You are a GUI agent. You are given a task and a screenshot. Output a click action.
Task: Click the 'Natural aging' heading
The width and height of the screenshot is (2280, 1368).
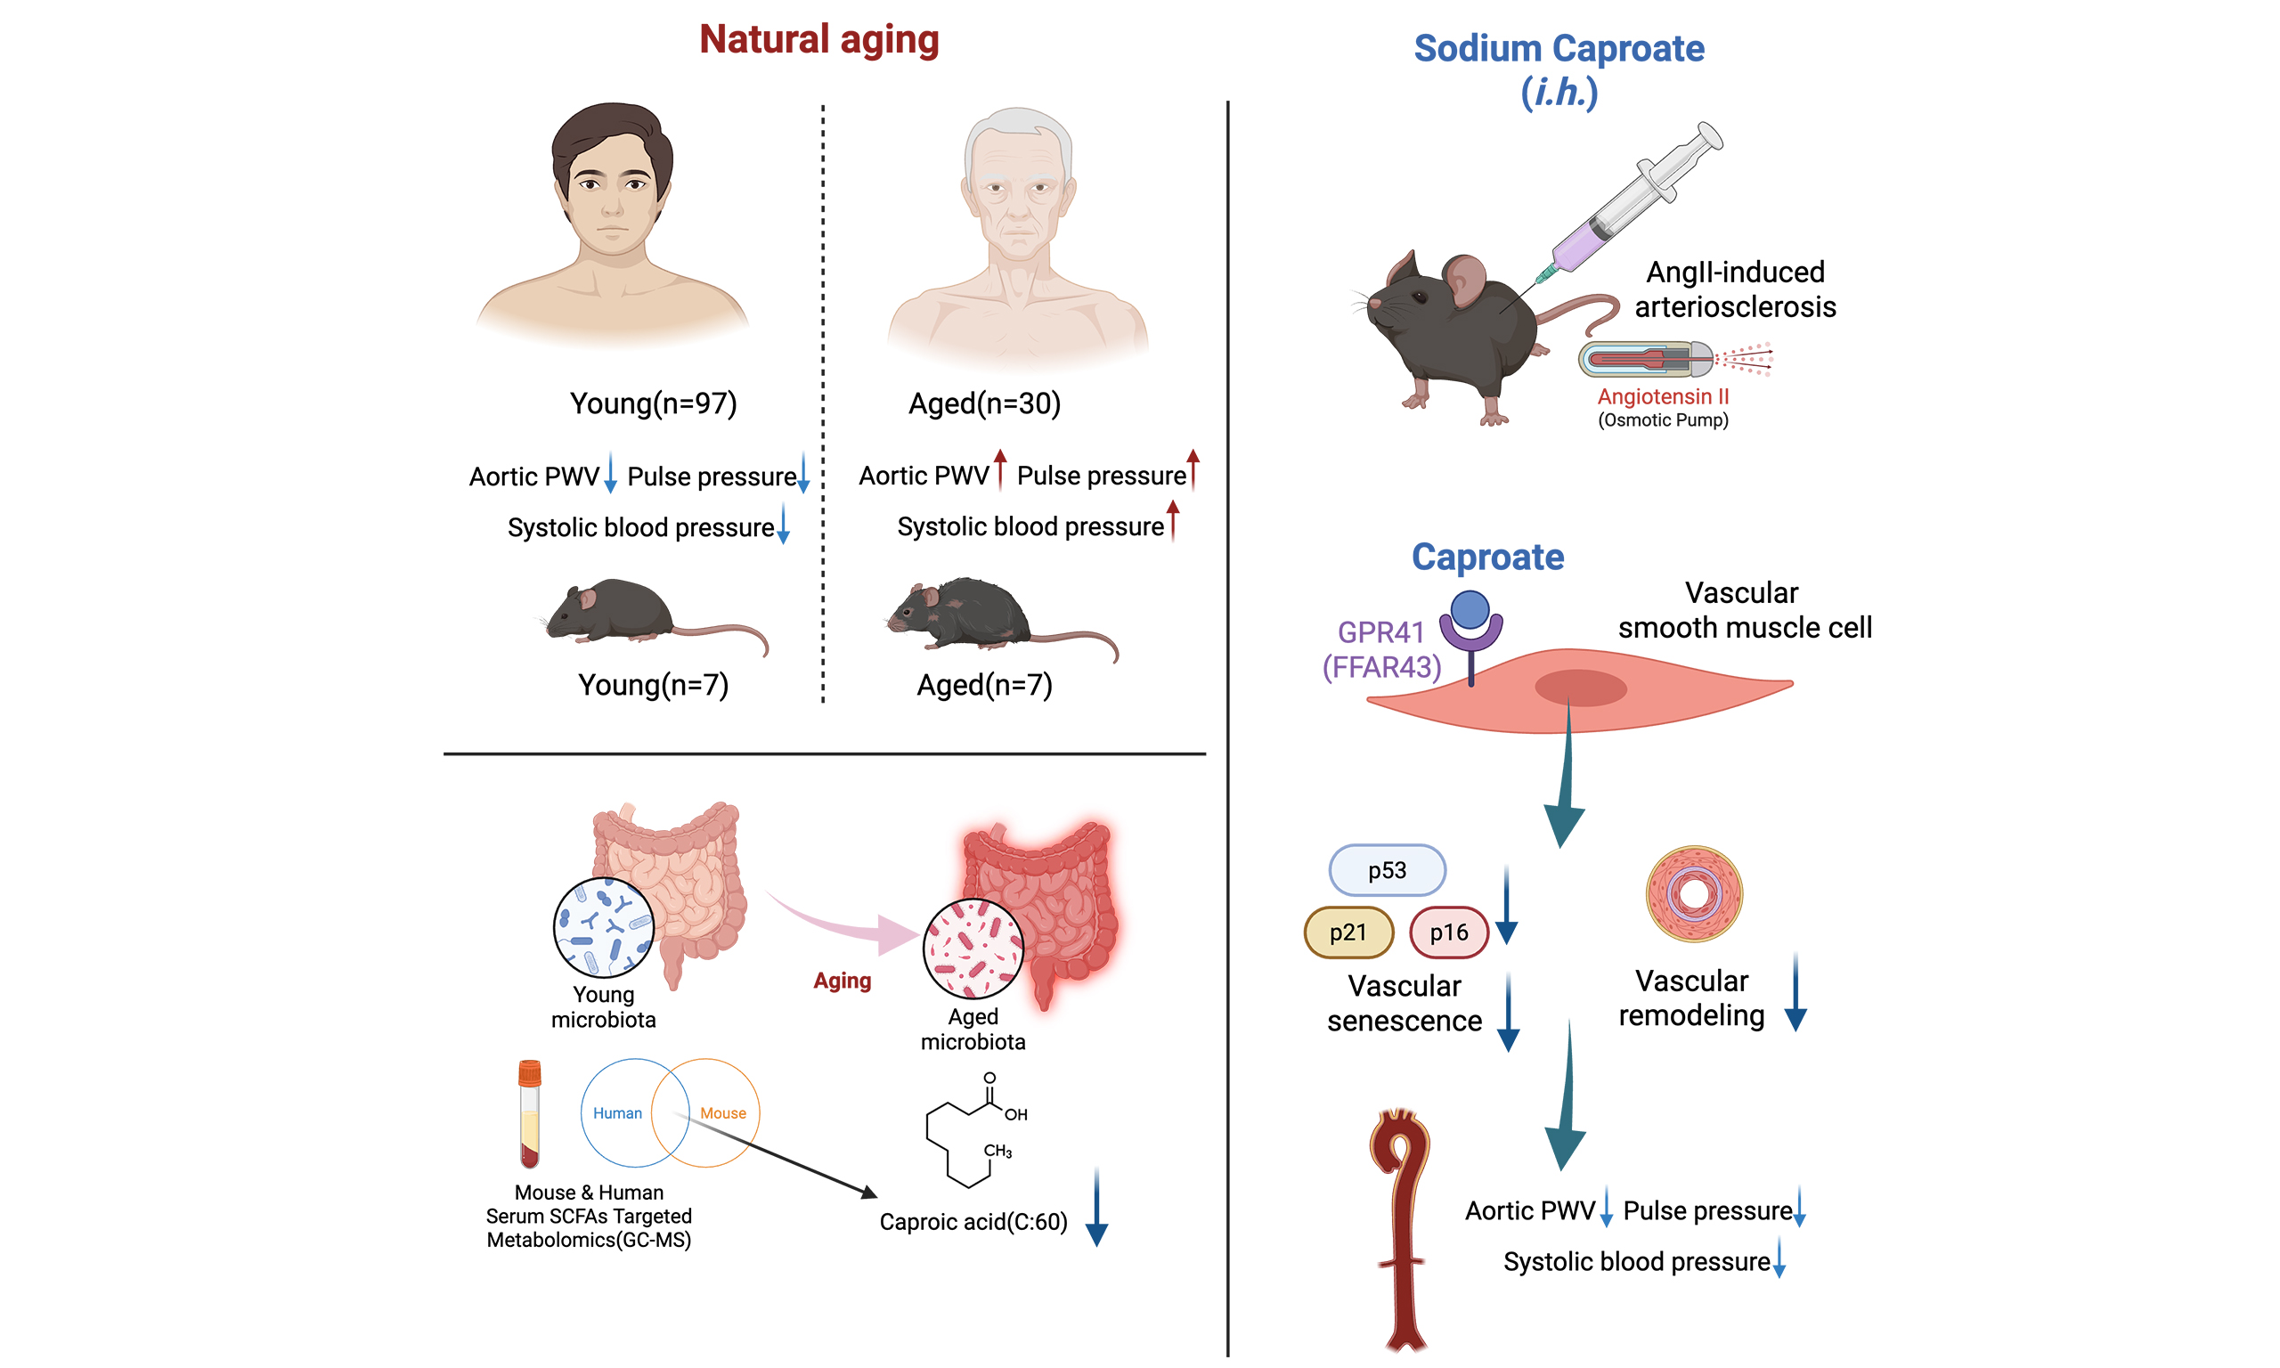(818, 40)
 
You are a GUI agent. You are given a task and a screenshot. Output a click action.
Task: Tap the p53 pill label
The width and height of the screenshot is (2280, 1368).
(1387, 870)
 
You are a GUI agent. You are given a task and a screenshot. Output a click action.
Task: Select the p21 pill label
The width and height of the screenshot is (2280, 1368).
(1348, 932)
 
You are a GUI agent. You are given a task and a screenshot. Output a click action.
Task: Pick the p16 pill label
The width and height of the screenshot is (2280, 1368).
(1449, 932)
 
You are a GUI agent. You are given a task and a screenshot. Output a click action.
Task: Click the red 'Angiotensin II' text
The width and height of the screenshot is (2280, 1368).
(1663, 396)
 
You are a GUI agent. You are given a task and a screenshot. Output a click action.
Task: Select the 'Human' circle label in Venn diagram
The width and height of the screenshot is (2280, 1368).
(617, 1113)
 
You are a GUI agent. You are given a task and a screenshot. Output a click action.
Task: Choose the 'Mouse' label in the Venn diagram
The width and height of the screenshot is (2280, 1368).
(722, 1113)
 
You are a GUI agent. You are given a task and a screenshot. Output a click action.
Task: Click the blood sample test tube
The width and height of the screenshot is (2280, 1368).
(529, 1113)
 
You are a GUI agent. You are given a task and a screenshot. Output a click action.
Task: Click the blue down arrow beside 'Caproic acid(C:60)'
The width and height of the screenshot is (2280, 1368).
(1096, 1207)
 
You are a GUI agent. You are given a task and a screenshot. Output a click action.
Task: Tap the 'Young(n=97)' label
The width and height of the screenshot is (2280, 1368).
(654, 403)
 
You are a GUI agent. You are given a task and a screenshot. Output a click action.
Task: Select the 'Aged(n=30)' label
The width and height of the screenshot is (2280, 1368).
(984, 403)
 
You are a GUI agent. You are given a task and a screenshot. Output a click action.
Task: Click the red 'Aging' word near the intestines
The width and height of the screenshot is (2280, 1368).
(842, 981)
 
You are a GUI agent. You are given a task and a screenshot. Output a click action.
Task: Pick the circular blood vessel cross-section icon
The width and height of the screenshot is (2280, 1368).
(1694, 893)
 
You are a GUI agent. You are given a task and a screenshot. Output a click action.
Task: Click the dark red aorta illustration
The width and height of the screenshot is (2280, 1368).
(1401, 1226)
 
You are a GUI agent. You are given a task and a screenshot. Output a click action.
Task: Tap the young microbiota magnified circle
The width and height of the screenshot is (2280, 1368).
(604, 927)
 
